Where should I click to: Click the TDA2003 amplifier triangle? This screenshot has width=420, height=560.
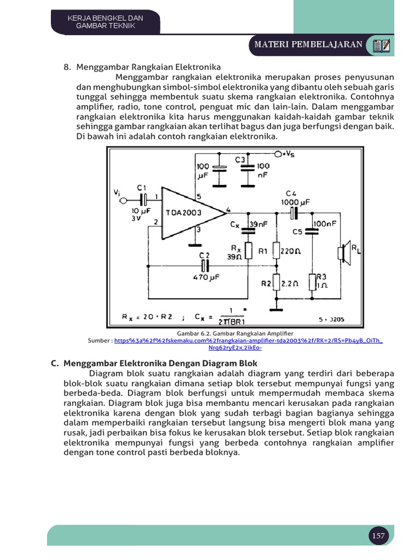189,212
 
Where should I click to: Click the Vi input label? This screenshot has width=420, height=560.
116,192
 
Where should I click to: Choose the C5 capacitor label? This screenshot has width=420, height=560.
297,231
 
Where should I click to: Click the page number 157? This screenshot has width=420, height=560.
378,536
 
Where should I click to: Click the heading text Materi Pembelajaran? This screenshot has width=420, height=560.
308,44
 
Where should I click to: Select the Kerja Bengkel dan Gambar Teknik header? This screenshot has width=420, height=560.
105,22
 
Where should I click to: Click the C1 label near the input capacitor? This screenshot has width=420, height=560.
142,188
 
